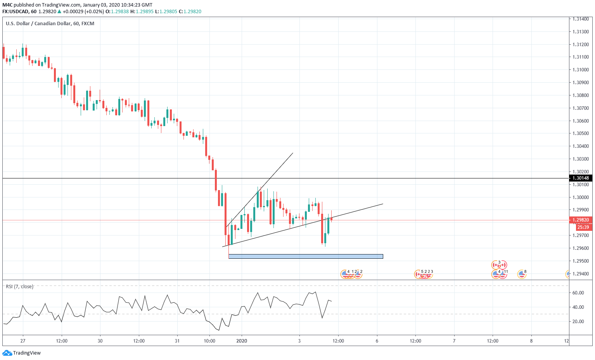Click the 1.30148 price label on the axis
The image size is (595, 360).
581,178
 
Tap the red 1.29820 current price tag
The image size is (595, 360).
581,220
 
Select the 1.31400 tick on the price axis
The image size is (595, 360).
581,19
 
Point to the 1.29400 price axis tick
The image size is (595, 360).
581,274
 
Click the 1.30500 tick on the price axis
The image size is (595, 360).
581,133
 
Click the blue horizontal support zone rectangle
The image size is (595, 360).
306,256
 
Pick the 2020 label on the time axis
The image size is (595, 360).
242,341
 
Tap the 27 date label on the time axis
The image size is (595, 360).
23,341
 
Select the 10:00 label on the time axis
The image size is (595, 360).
209,341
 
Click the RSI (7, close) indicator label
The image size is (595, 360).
19,287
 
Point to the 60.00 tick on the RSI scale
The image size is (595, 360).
578,293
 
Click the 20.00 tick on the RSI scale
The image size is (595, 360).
578,322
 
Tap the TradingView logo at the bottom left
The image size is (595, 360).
22,353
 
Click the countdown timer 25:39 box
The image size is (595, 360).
583,227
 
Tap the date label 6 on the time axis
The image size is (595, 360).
377,341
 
